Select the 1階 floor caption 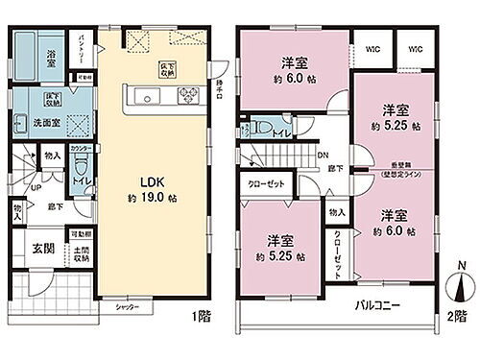[x=201, y=314]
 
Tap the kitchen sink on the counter [x=148, y=97]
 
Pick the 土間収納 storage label [x=81, y=253]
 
